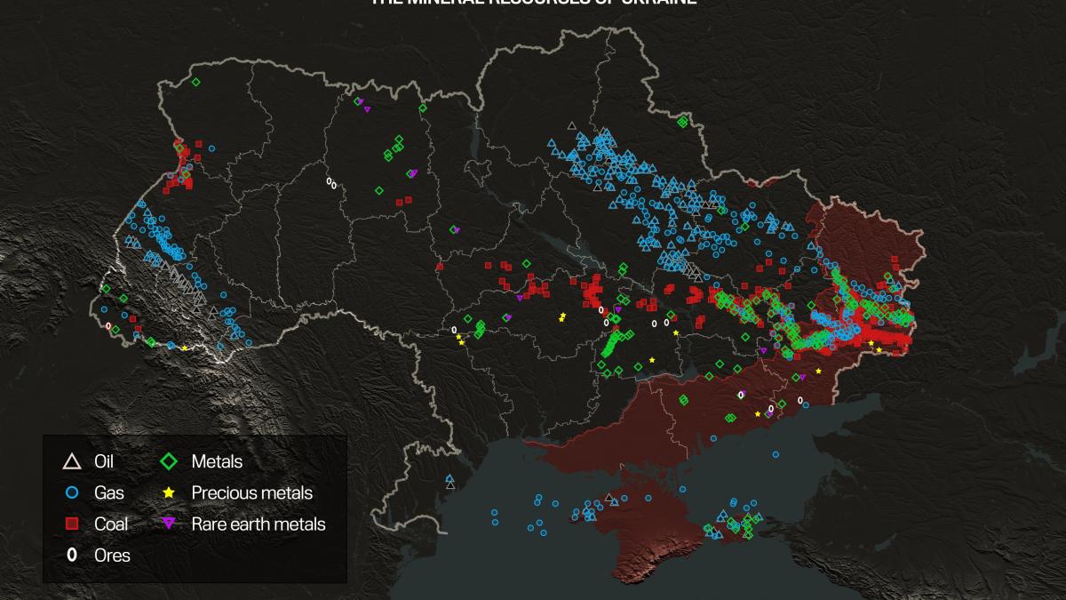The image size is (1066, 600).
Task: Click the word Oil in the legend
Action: [x=104, y=461]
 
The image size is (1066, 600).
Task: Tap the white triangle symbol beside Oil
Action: [x=72, y=461]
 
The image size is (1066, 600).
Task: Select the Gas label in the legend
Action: [x=108, y=492]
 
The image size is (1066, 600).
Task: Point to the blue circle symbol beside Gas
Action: [x=72, y=492]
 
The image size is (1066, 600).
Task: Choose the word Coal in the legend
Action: [x=111, y=524]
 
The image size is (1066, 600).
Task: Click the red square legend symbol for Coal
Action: [x=72, y=524]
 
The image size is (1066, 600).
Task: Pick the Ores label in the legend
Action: [x=112, y=556]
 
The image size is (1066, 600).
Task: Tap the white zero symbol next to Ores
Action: [x=72, y=556]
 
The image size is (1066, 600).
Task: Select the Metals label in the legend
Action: [x=217, y=461]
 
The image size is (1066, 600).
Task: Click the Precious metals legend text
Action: [x=252, y=492]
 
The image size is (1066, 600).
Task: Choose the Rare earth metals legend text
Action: [x=259, y=524]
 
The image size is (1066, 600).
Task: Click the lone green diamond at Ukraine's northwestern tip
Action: [x=195, y=82]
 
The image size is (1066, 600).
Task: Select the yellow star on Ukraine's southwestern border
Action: [x=184, y=348]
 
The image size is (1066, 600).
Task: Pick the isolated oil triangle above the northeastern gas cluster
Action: [x=571, y=125]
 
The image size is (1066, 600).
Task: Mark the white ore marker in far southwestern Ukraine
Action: [x=108, y=326]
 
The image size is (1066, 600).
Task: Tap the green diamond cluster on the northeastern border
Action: [x=682, y=122]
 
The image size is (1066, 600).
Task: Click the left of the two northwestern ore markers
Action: [x=329, y=181]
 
